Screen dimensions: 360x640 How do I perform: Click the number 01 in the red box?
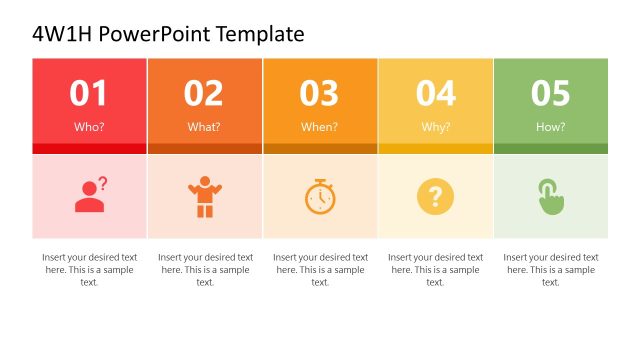(89, 93)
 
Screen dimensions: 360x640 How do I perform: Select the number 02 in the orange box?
(204, 93)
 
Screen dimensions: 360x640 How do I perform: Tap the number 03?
(320, 93)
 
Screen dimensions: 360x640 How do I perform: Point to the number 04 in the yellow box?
(435, 93)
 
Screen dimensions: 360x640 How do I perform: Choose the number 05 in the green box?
(550, 93)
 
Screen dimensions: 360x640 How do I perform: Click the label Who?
(89, 127)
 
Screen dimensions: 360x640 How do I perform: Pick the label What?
(204, 127)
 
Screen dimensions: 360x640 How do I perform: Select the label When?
(320, 127)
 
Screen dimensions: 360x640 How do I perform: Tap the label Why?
(435, 127)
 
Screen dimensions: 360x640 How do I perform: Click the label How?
(550, 127)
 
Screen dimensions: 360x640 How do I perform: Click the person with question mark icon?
(90, 195)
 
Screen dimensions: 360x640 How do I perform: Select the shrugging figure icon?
(204, 197)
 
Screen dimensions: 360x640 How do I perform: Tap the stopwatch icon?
(320, 196)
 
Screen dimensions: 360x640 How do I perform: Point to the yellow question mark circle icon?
(435, 196)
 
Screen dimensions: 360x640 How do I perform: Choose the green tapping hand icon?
(550, 196)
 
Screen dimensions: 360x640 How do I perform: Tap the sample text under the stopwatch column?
(320, 269)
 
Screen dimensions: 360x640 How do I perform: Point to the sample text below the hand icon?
(550, 269)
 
